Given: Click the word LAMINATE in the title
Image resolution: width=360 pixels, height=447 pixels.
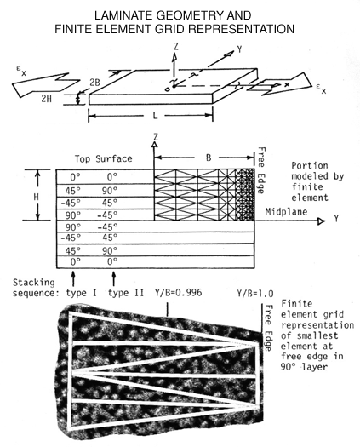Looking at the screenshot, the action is coord(124,15).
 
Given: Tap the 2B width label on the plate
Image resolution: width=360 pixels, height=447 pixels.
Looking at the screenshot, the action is coord(95,83).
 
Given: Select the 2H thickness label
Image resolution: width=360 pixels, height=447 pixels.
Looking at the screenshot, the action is coord(47,99).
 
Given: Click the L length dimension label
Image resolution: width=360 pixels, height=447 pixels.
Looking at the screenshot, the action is coord(155,116).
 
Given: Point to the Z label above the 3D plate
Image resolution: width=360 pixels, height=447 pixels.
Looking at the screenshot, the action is coord(176,47).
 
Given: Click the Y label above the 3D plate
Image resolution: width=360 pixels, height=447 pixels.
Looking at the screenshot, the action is coord(239,49).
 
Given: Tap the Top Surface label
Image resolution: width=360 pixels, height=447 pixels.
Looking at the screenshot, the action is coord(104,158).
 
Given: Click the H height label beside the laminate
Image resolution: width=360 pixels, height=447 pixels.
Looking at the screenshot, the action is coord(36,197).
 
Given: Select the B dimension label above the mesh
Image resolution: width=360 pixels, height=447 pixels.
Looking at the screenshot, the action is coord(209,158).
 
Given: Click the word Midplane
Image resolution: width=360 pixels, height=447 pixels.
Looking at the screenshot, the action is coord(286,212).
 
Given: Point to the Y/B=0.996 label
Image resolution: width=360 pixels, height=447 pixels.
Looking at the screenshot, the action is coord(178,293).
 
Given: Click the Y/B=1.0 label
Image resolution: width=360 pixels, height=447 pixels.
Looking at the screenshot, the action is coord(255,294).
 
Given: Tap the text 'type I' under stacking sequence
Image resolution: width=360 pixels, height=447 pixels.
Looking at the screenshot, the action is coord(81,293).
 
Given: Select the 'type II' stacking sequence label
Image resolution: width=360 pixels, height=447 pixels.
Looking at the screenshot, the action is coord(126,293).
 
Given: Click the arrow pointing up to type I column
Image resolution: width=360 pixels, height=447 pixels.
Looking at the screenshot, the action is coord(73,278).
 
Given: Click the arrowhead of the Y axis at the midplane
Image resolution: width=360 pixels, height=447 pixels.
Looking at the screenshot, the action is coord(322,221).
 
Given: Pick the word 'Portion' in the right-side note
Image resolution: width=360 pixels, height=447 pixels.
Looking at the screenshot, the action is coord(310,166).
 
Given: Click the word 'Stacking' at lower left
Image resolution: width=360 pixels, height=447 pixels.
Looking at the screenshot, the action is coord(34,283).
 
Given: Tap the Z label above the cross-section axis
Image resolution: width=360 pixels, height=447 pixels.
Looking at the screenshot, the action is coord(156,137).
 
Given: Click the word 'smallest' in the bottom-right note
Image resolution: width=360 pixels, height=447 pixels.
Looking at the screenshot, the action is coord(317,335).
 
